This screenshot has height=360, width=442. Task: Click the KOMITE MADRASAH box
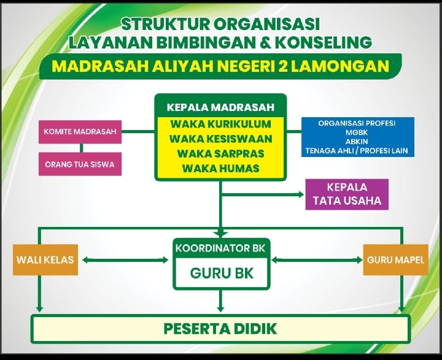[80, 131]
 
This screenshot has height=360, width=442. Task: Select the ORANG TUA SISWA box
[80, 164]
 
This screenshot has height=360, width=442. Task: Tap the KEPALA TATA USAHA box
[347, 194]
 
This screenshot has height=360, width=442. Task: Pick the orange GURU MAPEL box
[395, 259]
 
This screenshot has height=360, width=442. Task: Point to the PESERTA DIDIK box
[220, 328]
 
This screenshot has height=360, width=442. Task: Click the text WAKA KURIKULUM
[220, 124]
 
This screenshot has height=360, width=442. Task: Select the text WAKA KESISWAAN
[220, 139]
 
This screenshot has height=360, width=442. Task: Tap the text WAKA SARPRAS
[220, 153]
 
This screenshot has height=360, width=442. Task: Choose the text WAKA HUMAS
[220, 167]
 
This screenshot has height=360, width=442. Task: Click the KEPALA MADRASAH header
[220, 107]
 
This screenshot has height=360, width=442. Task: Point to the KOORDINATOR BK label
[220, 248]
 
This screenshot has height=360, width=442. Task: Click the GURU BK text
[220, 274]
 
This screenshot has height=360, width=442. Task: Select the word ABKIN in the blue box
[357, 141]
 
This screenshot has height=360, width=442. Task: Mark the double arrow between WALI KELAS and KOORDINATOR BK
[125, 260]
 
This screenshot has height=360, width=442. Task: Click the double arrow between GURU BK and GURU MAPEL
[317, 260]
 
